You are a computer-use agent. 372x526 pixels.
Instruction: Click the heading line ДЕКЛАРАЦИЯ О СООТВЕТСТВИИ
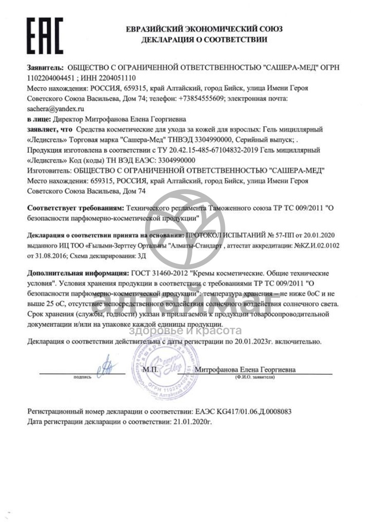[x=204, y=40]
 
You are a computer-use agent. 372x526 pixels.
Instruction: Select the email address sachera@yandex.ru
[x=55, y=109]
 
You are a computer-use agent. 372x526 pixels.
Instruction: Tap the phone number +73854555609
[x=202, y=99]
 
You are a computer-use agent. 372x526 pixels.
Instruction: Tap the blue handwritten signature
[x=107, y=366]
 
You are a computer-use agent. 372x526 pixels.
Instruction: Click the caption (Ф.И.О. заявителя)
[x=254, y=377]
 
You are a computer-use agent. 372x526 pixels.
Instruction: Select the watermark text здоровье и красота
[x=186, y=331]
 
